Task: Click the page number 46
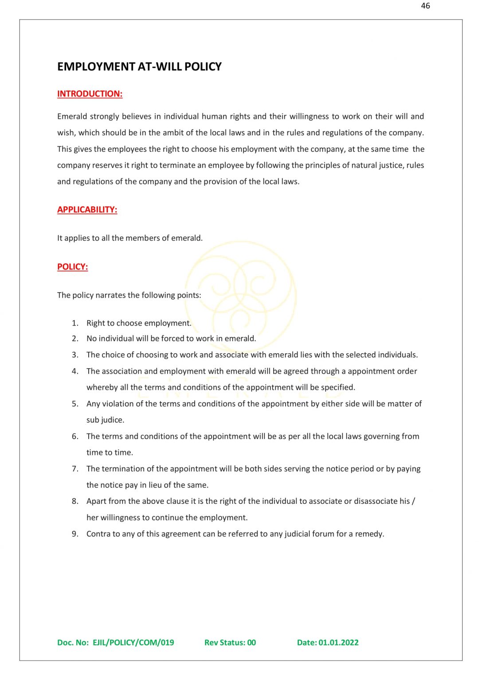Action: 425,6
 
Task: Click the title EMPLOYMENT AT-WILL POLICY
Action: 139,67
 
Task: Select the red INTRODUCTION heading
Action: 90,94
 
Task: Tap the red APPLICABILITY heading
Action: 87,210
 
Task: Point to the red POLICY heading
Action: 72,267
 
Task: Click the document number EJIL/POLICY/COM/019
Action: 133,642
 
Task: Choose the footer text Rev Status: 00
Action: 230,642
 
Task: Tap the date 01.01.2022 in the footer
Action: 338,642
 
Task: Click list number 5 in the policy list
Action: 75,404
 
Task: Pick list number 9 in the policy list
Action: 75,534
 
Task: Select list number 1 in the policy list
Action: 75,323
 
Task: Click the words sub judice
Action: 105,420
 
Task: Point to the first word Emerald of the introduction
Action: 72,116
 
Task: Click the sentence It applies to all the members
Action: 129,238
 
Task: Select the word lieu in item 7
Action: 155,485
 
